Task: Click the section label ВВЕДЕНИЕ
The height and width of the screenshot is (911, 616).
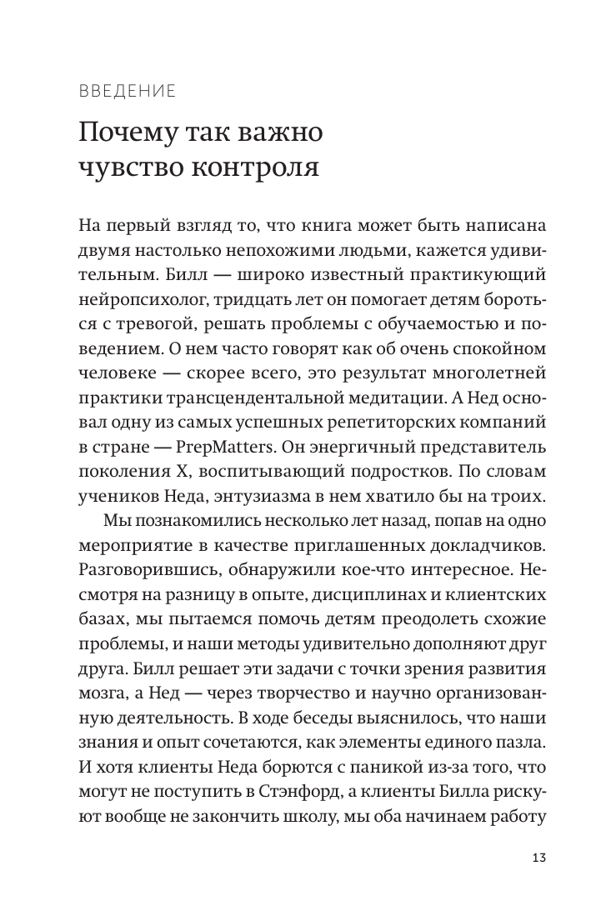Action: (128, 92)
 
